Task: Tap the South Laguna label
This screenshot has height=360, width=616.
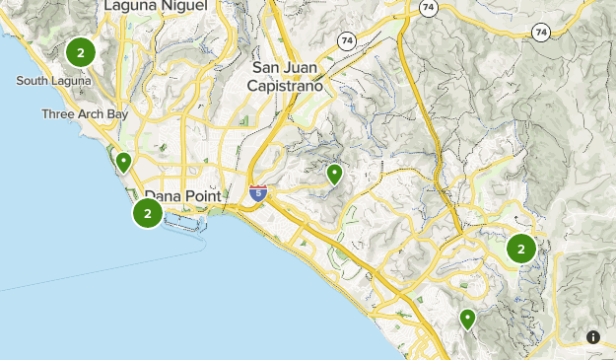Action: point(54,80)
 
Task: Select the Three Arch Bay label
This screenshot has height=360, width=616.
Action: point(85,114)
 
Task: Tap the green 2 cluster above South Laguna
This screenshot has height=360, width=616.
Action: point(80,51)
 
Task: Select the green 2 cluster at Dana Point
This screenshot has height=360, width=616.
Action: point(148,212)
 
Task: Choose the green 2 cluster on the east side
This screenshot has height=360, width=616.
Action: point(521,249)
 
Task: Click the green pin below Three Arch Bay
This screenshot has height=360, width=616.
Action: point(124,162)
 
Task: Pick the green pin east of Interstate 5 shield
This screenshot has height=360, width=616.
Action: point(335,175)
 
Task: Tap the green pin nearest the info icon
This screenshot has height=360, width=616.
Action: point(467,319)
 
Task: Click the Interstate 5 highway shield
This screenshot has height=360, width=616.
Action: point(258,194)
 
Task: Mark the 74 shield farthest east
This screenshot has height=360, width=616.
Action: point(540,32)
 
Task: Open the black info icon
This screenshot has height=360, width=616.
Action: point(593,337)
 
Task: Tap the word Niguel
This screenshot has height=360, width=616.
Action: point(185,6)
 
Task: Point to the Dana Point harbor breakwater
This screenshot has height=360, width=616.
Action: point(187,230)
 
